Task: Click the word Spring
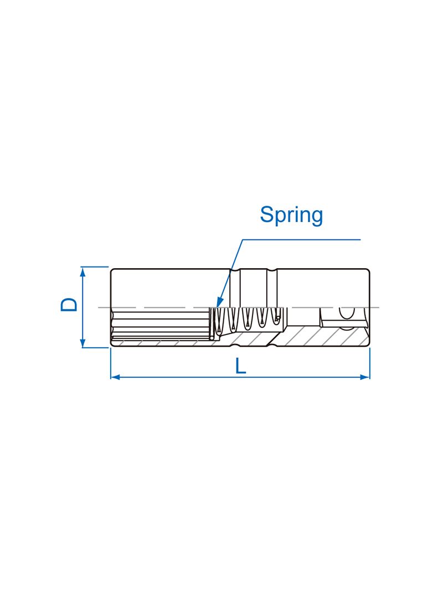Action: click(291, 215)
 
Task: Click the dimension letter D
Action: click(69, 305)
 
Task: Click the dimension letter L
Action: click(240, 366)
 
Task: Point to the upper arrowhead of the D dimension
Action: click(83, 271)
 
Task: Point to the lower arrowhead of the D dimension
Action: click(83, 343)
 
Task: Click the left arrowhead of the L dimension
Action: click(115, 377)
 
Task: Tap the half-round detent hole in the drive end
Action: click(347, 313)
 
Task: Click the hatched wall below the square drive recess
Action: click(320, 336)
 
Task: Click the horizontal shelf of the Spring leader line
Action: click(301, 239)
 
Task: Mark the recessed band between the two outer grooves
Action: click(253, 288)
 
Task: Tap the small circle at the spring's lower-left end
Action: click(212, 337)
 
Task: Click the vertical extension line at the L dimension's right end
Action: click(370, 363)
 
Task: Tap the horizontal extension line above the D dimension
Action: click(95, 267)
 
